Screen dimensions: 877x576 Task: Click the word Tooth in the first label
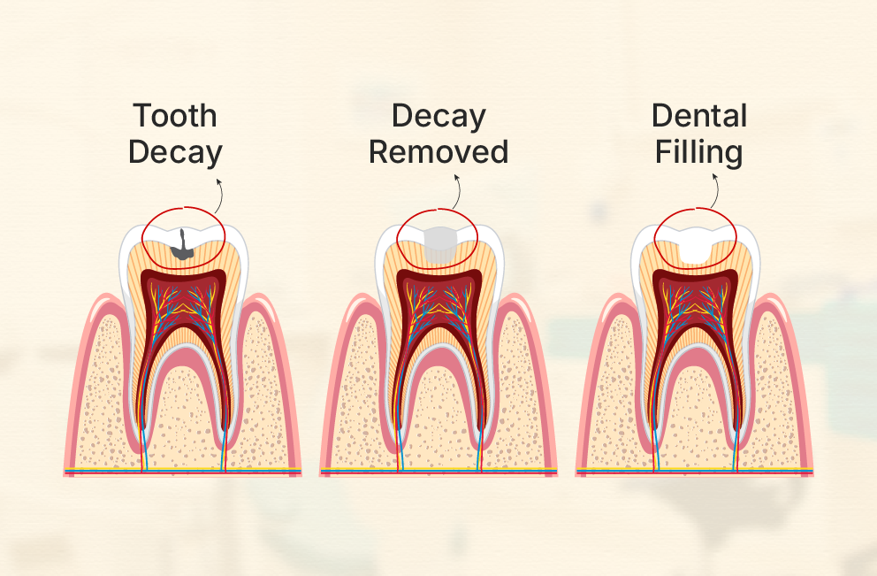pos(175,116)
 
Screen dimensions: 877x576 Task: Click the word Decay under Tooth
pos(175,152)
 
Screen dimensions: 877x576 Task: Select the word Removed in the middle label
pos(438,152)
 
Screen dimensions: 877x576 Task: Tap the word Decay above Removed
pos(438,116)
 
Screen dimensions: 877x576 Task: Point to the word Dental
pos(699,116)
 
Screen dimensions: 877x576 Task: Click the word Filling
pos(698,152)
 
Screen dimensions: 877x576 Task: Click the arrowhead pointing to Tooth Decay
pos(219,180)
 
